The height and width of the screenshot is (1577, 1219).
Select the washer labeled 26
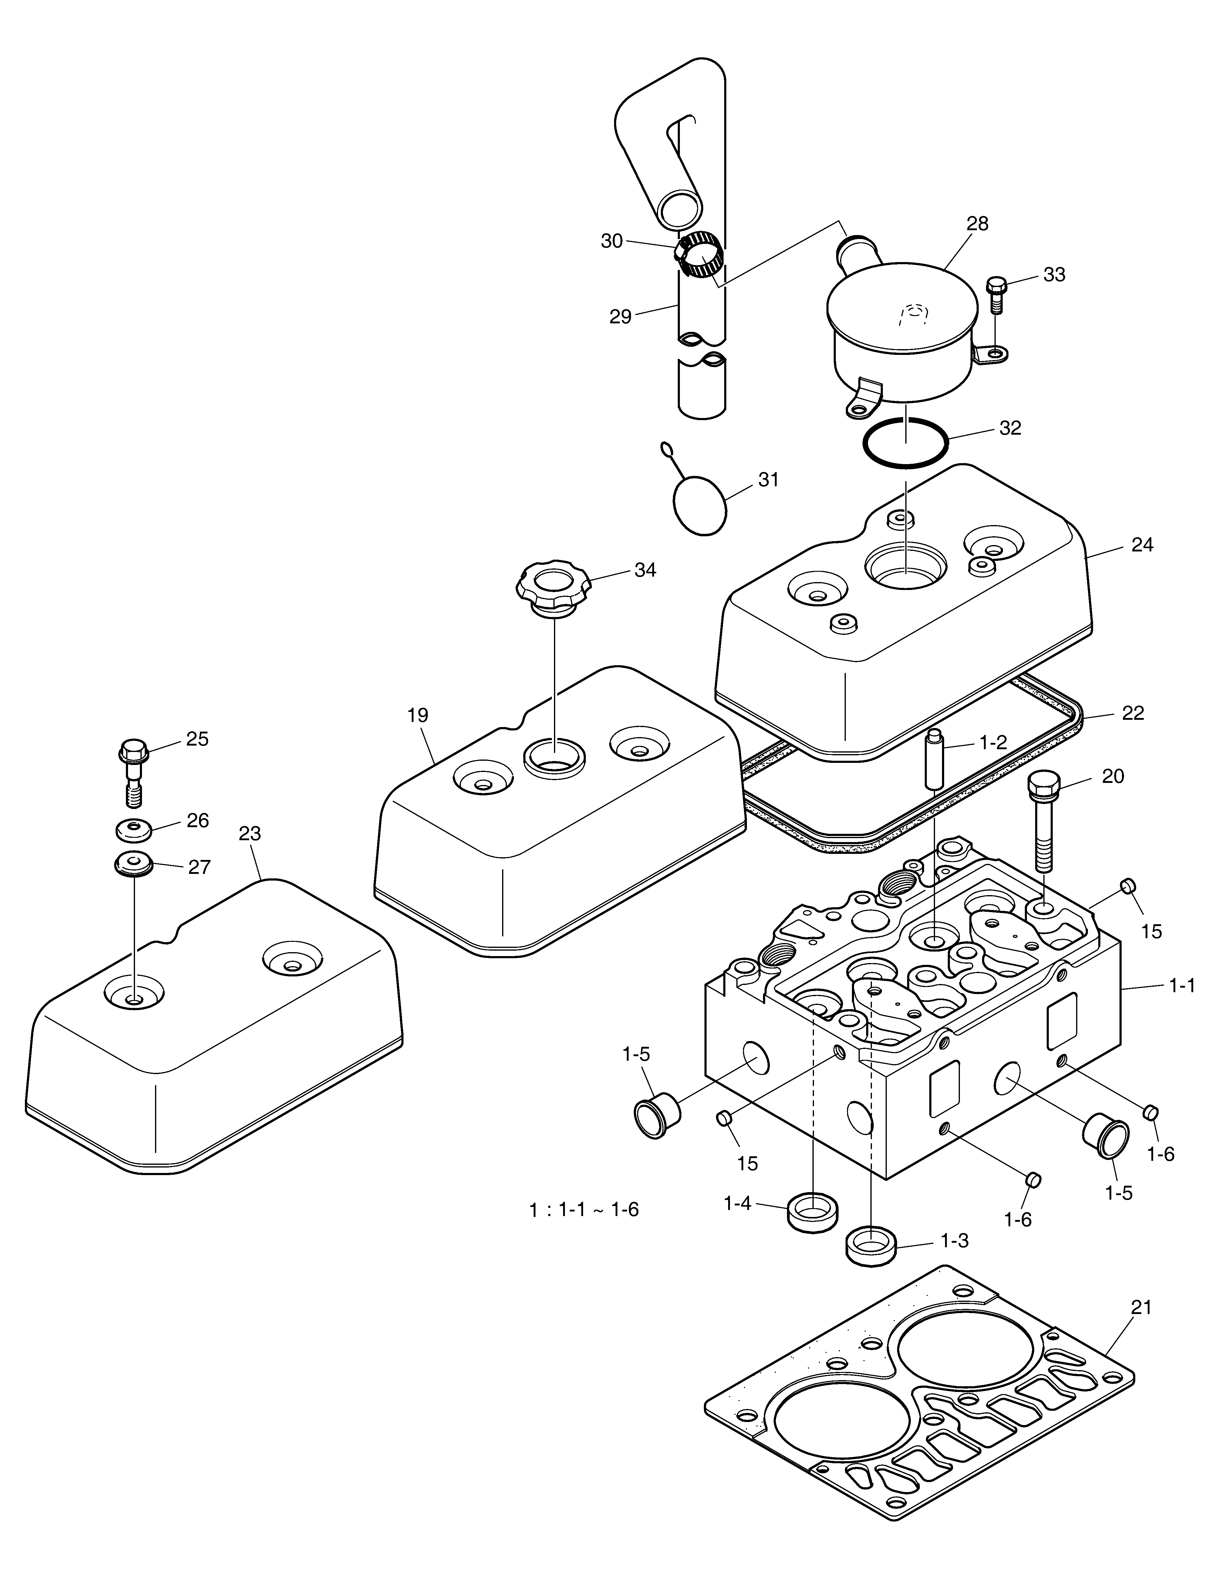tap(132, 830)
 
